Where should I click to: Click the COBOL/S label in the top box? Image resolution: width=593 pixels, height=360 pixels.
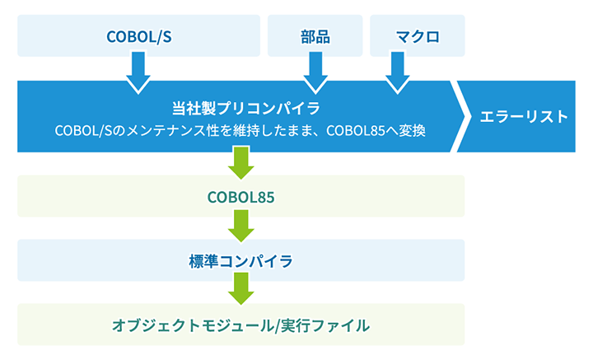[138, 36]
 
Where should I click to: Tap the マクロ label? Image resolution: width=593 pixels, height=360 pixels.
[417, 36]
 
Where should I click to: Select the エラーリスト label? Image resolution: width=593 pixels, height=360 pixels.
[524, 116]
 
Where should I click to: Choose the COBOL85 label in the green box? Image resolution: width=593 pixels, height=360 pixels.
[240, 197]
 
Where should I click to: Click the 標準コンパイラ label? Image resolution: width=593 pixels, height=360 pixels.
[240, 261]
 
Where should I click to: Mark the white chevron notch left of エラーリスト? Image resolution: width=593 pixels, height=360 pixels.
[461, 116]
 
